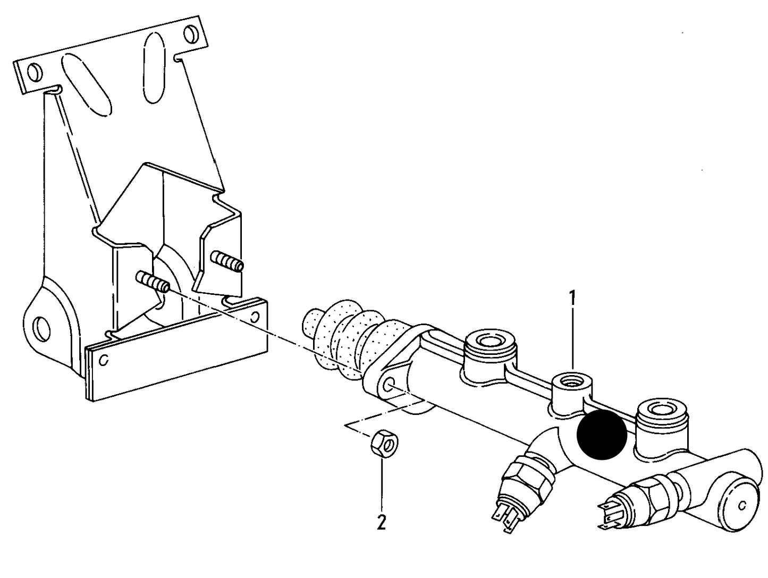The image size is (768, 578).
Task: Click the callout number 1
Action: pos(572,299)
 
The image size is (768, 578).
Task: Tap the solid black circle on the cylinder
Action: pos(602,434)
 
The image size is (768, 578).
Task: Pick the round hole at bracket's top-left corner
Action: pos(34,71)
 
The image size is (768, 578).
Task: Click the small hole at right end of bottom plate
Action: pos(256,317)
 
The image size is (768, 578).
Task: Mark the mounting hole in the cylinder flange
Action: pos(390,385)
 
